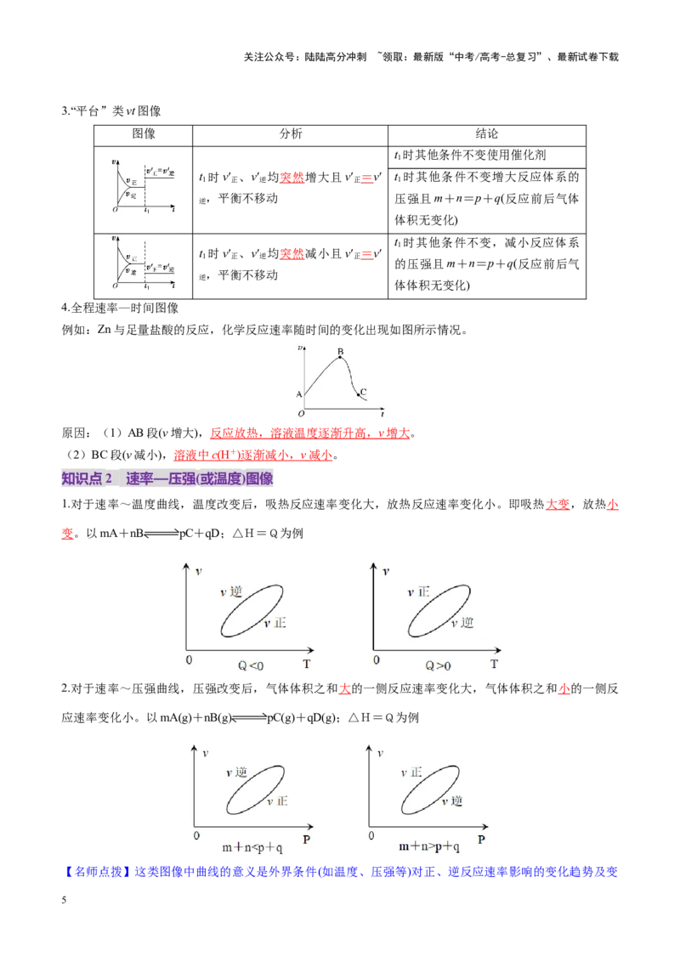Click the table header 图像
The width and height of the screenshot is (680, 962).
[x=144, y=133]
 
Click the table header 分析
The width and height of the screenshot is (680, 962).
[x=291, y=133]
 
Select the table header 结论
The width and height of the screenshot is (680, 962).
[x=487, y=133]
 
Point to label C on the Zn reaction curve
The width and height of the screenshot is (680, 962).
[x=363, y=392]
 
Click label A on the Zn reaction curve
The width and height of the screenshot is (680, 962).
[x=299, y=394]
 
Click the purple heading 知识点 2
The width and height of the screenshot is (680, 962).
[x=87, y=478]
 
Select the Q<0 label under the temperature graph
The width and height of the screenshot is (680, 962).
[x=251, y=665]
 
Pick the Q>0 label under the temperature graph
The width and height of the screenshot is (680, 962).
[x=439, y=665]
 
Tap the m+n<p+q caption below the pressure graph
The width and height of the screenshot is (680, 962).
[x=252, y=847]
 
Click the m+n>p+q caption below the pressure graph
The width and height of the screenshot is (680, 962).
[x=429, y=846]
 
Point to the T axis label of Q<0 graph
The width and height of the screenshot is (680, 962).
[x=307, y=664]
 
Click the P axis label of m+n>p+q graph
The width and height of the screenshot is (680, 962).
[x=481, y=840]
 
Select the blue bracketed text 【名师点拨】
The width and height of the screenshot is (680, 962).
[x=98, y=872]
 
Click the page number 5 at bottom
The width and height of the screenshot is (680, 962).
[x=64, y=900]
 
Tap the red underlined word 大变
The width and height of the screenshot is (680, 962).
[x=558, y=504]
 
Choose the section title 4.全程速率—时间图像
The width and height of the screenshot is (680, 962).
[x=121, y=308]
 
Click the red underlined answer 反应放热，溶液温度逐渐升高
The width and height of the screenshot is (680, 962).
[x=290, y=433]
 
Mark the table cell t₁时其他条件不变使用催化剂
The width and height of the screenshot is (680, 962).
[x=470, y=156]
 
